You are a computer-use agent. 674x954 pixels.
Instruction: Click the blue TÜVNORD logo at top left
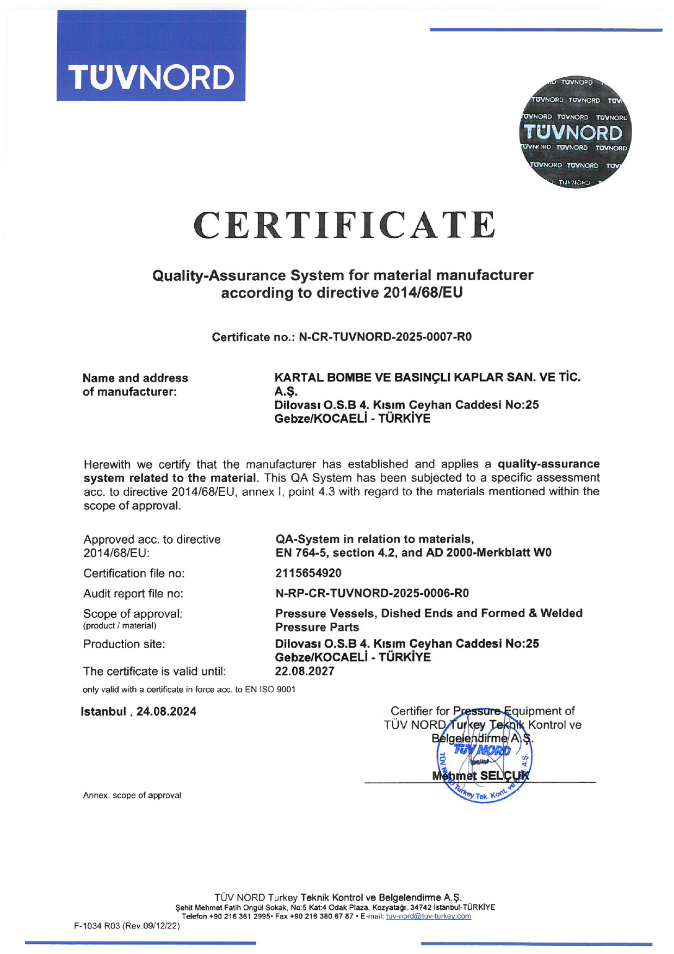pyautogui.click(x=151, y=56)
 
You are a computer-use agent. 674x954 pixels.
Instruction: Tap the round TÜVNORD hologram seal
pyautogui.click(x=574, y=133)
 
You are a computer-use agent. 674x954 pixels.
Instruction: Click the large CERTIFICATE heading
pyautogui.click(x=344, y=225)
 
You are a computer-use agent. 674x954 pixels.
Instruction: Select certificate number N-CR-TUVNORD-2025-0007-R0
pyautogui.click(x=385, y=337)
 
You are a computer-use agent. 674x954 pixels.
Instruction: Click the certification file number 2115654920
pyautogui.click(x=308, y=573)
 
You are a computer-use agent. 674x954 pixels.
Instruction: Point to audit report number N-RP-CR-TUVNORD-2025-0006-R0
pyautogui.click(x=372, y=593)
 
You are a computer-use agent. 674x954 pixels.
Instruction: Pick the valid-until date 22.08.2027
pyautogui.click(x=305, y=671)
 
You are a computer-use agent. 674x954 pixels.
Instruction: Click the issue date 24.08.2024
pyautogui.click(x=166, y=711)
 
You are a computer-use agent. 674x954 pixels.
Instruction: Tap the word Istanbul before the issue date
pyautogui.click(x=103, y=711)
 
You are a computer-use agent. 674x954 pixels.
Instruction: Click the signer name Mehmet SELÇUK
pyautogui.click(x=480, y=775)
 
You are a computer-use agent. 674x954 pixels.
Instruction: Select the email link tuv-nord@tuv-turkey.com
pyautogui.click(x=428, y=916)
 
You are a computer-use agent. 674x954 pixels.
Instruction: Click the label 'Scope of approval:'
pyautogui.click(x=133, y=614)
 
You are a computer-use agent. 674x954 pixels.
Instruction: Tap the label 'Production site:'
pyautogui.click(x=124, y=644)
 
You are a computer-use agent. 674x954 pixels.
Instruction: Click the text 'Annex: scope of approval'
pyautogui.click(x=132, y=795)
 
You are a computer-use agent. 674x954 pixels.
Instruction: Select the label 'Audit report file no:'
pyautogui.click(x=133, y=593)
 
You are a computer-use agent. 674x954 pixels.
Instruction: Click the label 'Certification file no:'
pyautogui.click(x=134, y=573)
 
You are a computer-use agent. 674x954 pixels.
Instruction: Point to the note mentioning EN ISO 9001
pyautogui.click(x=189, y=690)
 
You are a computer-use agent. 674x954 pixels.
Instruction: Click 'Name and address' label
pyautogui.click(x=135, y=378)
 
